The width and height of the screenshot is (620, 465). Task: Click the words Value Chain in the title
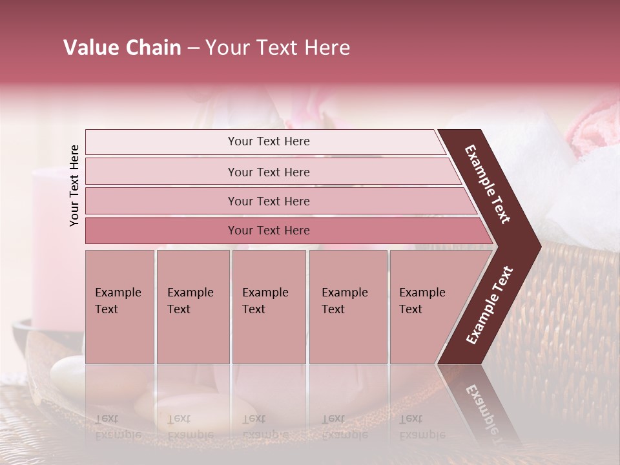tap(122, 48)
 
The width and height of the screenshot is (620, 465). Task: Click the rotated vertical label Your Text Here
tap(75, 185)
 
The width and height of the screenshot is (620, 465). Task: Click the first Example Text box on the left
tap(119, 307)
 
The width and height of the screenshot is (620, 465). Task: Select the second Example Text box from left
tap(192, 307)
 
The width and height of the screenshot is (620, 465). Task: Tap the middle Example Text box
tap(269, 307)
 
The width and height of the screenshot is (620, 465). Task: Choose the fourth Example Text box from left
tap(348, 307)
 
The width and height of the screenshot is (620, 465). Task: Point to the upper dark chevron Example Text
tap(488, 184)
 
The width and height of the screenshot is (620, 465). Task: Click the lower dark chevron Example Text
tap(489, 305)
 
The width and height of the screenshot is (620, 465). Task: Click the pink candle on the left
tap(52, 245)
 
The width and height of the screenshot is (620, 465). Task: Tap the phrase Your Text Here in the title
tap(278, 48)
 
